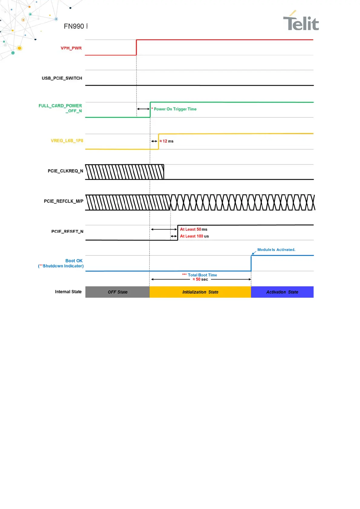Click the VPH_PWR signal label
click(71, 48)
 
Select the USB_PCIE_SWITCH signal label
click(62, 78)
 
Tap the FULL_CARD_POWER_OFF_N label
click(60, 108)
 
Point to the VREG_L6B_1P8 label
click(67, 141)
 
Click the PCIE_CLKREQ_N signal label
click(65, 171)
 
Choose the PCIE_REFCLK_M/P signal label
click(64, 201)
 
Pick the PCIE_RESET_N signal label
click(67, 232)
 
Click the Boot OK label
click(74, 261)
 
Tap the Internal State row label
click(68, 292)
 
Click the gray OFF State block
click(117, 292)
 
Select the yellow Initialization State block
click(200, 292)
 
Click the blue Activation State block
click(282, 292)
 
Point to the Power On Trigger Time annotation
click(175, 109)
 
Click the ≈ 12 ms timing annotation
click(166, 141)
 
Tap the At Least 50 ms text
click(194, 229)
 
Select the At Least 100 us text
click(194, 236)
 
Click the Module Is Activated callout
click(276, 250)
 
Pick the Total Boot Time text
click(202, 275)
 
